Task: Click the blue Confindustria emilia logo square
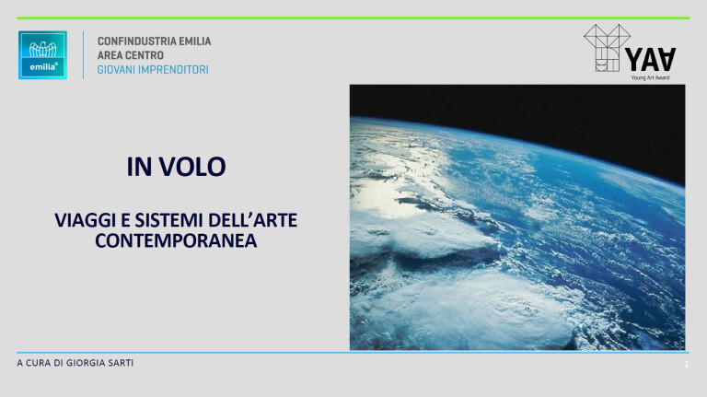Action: [x=42, y=55]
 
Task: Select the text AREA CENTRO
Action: [x=131, y=55]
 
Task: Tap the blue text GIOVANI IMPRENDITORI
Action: [x=153, y=69]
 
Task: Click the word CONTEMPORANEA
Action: [x=176, y=240]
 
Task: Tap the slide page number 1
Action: [x=687, y=366]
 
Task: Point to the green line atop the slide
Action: [x=353, y=18]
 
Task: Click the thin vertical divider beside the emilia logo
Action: [x=83, y=55]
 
